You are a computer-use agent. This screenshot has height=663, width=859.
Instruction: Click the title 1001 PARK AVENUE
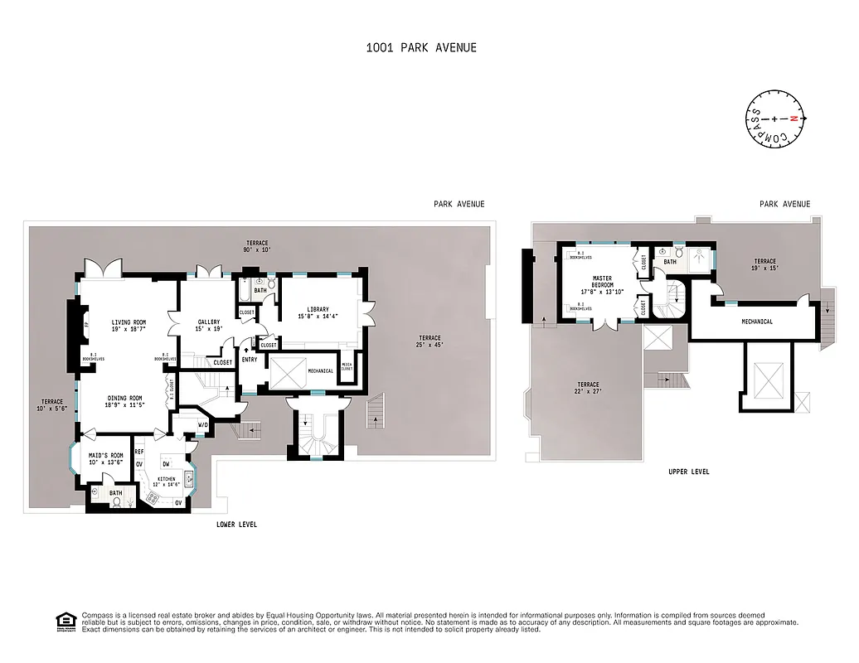[x=421, y=47]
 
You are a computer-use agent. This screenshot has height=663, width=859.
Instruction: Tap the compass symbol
[x=774, y=119]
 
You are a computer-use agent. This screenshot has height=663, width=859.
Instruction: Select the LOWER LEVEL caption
[x=236, y=525]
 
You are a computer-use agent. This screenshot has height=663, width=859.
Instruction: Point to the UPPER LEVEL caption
[x=688, y=472]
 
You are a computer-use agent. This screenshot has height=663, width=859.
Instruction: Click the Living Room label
[x=129, y=326]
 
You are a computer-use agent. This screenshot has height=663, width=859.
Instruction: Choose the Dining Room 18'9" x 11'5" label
[x=124, y=401]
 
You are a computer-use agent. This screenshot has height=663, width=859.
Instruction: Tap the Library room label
[x=318, y=312]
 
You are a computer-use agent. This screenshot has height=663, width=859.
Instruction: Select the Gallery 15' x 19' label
[x=208, y=326]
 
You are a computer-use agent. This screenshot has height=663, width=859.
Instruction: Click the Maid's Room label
[x=105, y=458]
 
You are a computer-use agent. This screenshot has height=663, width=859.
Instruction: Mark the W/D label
[x=202, y=426]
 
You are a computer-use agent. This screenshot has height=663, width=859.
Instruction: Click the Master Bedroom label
[x=601, y=285]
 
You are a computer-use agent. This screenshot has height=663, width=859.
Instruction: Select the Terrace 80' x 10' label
[x=257, y=244]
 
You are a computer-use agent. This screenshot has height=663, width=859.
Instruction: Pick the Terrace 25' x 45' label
[x=429, y=341]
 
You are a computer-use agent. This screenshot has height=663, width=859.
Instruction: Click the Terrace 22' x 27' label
[x=588, y=388]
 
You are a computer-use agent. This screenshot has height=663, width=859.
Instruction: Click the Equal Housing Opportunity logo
[x=64, y=620]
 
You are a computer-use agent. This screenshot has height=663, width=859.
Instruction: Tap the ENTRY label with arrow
[x=249, y=357]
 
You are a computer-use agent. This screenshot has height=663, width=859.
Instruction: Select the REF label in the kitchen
[x=139, y=452]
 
